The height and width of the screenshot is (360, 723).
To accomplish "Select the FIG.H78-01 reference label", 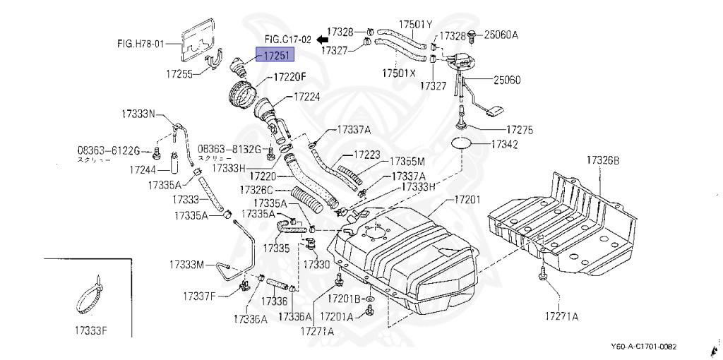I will [141, 44].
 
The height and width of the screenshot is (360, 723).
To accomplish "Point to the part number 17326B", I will [602, 161].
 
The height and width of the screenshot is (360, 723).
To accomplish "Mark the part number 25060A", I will [502, 34].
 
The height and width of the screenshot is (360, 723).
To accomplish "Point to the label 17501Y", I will [415, 24].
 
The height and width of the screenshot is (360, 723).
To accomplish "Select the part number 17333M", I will [186, 265].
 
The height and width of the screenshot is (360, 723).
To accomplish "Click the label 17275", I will [519, 131].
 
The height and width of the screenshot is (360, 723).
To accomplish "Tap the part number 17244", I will [143, 169].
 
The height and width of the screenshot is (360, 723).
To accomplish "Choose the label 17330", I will [316, 264].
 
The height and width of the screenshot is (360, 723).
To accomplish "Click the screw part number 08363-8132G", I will [229, 150].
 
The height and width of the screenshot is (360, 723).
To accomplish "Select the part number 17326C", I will [256, 190].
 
